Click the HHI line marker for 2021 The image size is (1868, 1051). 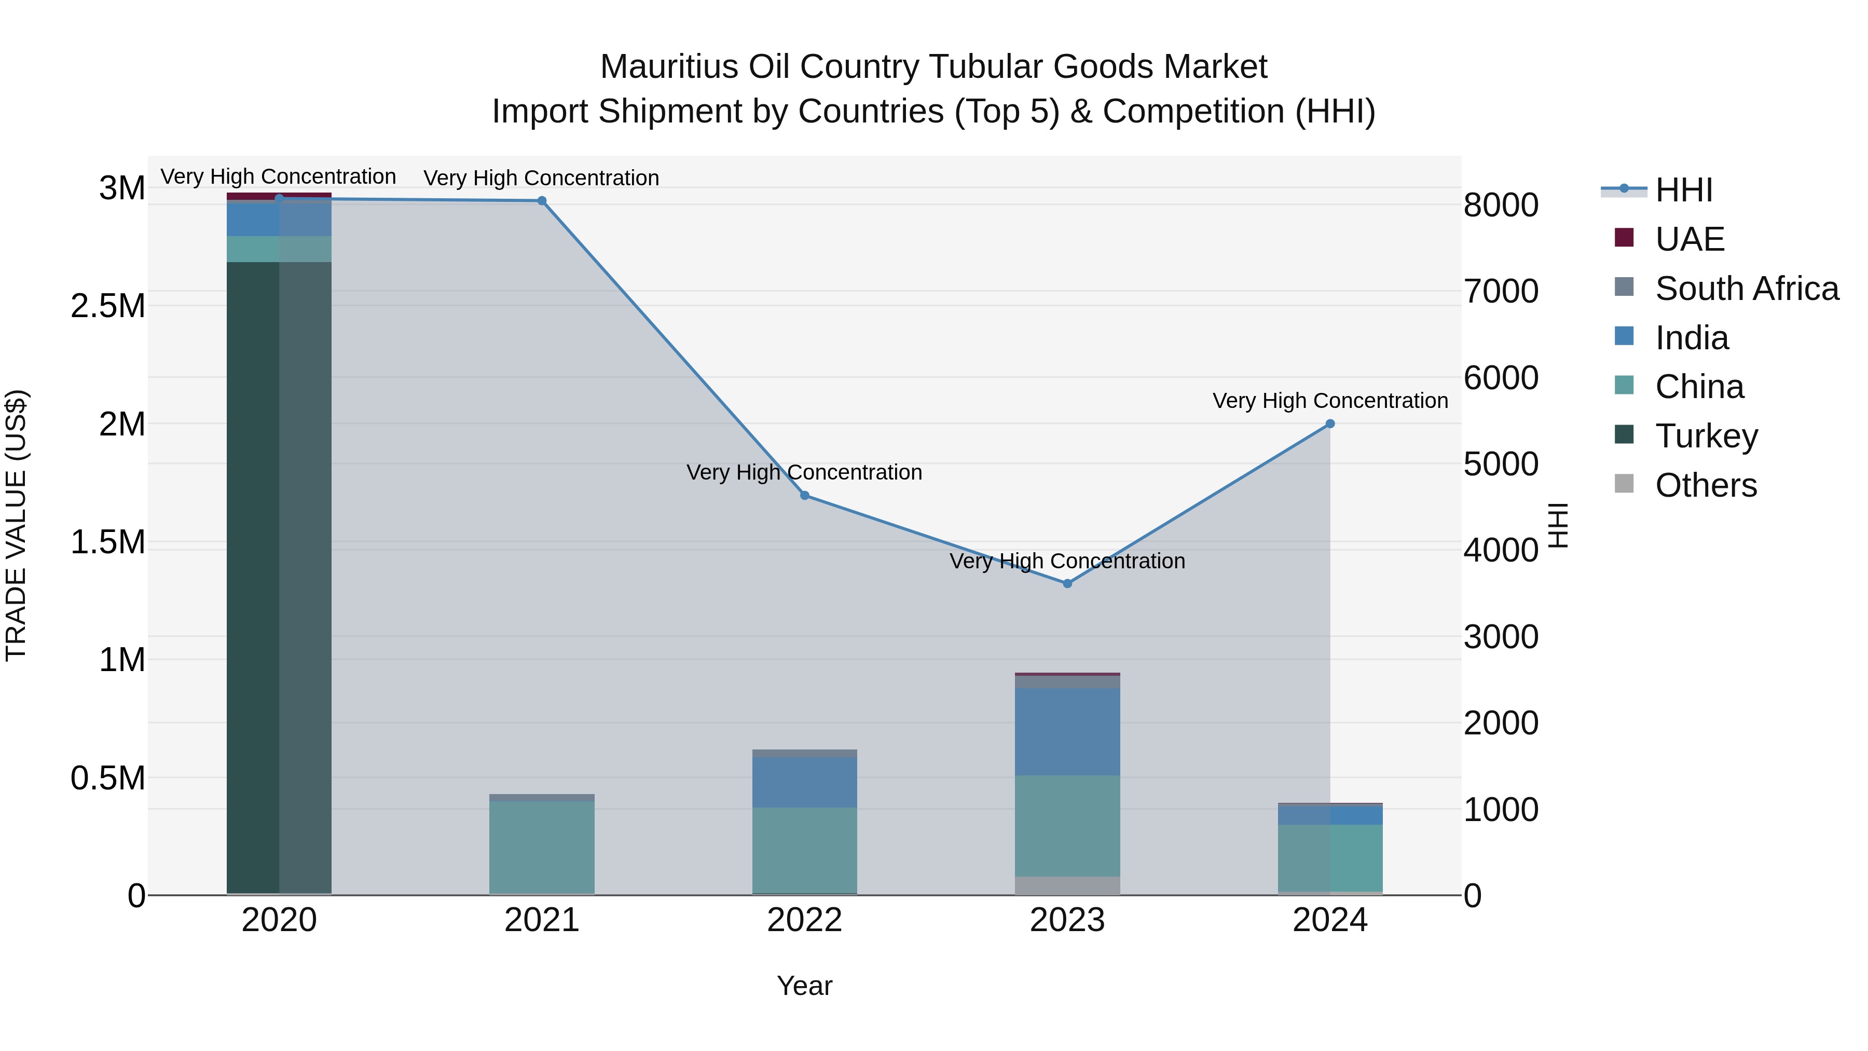[x=542, y=201]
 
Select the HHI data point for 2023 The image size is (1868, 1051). [x=1067, y=583]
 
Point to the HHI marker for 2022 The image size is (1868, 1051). [x=804, y=496]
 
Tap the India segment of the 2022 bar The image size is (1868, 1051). [x=804, y=783]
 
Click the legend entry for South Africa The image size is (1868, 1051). [x=1746, y=289]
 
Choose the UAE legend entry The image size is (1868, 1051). [x=1689, y=239]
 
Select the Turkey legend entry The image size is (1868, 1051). [x=1706, y=436]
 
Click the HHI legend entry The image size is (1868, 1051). [x=1683, y=190]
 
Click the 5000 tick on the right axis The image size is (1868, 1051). [x=1500, y=464]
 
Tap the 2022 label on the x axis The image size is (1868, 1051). [x=804, y=920]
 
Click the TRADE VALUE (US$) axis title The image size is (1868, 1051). [x=16, y=525]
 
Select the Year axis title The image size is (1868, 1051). [x=804, y=986]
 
